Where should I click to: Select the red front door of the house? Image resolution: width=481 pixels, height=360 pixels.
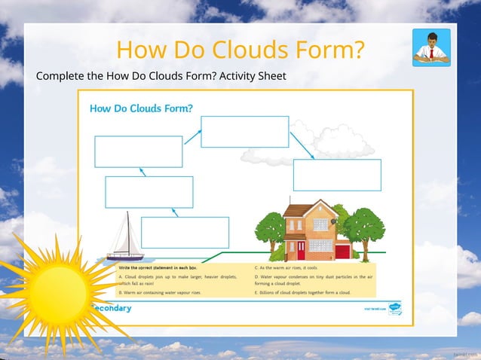coord(301,249)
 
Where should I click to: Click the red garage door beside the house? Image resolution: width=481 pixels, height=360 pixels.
coord(342,252)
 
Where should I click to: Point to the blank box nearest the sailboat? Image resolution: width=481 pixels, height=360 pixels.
coord(185,233)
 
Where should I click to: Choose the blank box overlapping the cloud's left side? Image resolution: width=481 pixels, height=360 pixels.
coord(244,132)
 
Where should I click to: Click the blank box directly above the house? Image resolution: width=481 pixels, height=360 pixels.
coord(337,175)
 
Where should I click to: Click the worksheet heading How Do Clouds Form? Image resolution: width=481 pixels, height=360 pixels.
coord(141,108)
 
